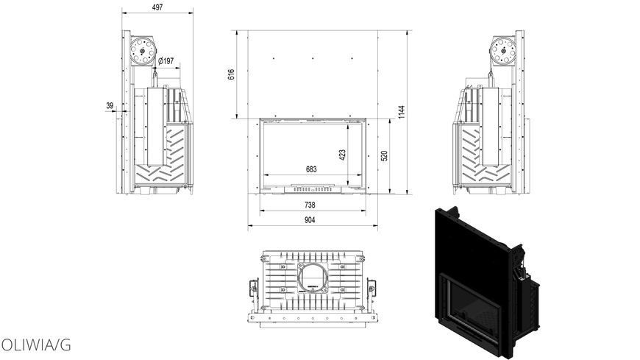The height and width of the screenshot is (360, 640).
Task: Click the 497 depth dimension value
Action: click(157, 7)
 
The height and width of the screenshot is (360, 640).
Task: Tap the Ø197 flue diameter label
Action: click(166, 61)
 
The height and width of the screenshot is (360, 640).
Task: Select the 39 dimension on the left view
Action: click(110, 106)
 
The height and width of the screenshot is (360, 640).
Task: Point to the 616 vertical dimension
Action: click(231, 74)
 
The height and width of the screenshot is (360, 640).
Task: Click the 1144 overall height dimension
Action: click(402, 112)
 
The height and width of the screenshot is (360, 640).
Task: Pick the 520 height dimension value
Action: click(384, 156)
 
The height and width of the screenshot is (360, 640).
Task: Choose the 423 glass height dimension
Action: click(342, 155)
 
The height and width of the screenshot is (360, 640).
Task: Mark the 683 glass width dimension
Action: click(311, 169)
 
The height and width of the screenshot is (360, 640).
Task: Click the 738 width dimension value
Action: click(310, 205)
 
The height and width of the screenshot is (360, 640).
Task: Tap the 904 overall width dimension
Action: click(310, 220)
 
